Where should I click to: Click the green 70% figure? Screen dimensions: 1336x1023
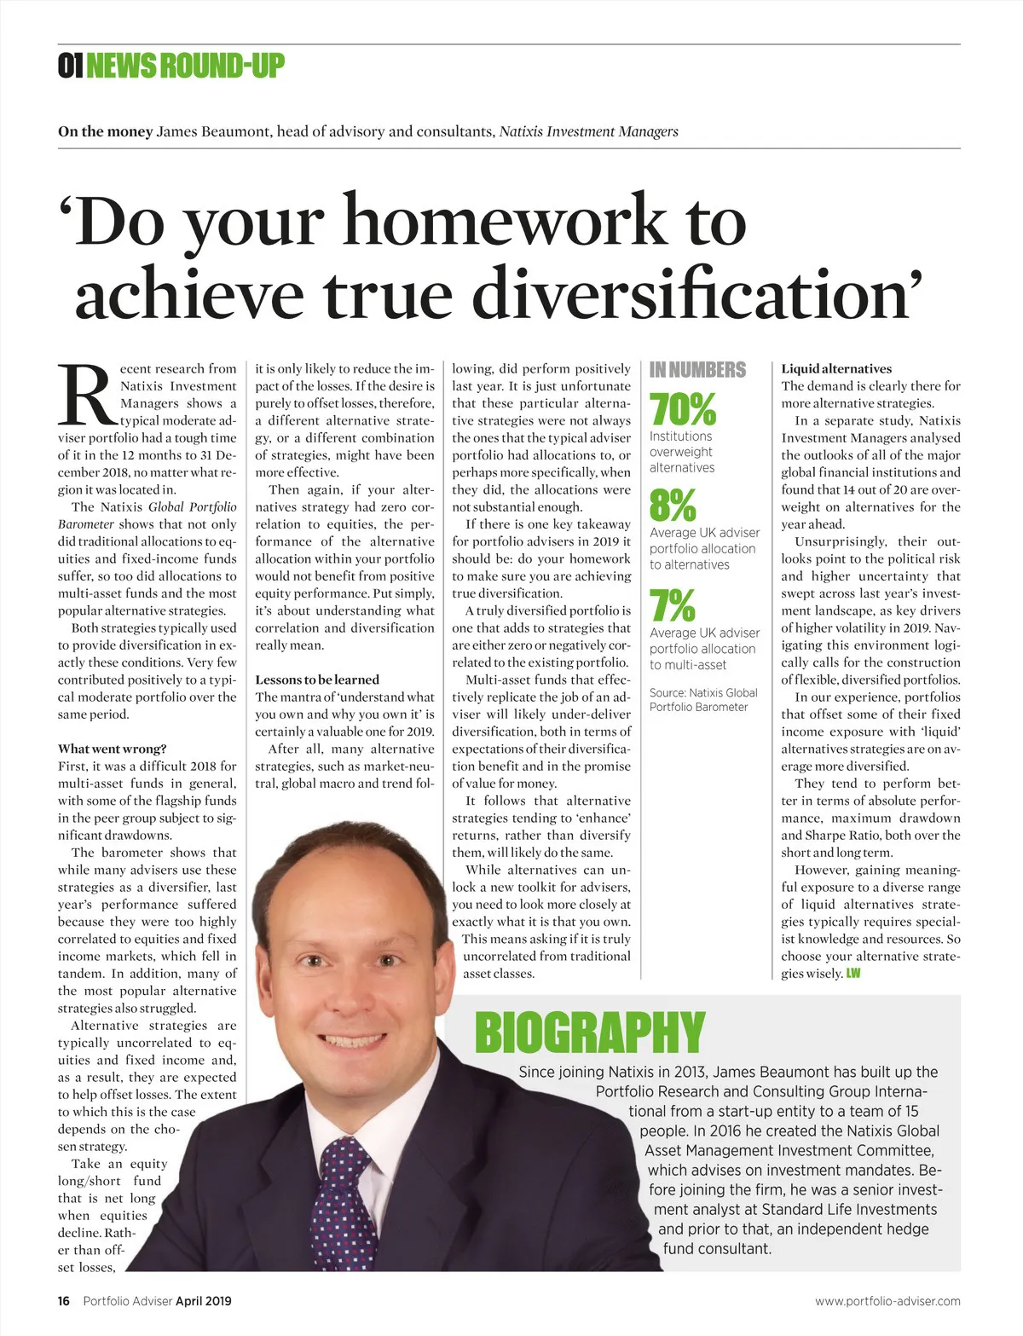coord(682,409)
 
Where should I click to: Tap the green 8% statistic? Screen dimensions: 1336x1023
coord(672,506)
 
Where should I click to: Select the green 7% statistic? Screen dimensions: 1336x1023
coord(672,606)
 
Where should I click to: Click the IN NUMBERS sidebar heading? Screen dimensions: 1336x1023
coord(697,370)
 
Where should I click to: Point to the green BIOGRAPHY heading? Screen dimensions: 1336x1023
coord(590,1032)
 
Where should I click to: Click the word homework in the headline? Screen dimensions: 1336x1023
coord(503,221)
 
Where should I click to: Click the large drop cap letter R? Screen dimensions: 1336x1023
coord(86,396)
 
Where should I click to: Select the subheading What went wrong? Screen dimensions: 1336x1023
coord(113,749)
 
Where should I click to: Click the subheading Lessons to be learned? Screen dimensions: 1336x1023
coord(317,680)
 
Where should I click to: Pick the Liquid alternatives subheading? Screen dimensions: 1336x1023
coord(836,368)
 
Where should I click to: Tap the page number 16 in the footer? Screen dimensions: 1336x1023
coord(64,1301)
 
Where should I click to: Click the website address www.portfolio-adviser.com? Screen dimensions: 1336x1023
coord(887,1301)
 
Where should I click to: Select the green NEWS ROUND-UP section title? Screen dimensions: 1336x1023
coord(185,66)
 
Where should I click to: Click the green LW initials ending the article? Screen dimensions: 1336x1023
coord(852,974)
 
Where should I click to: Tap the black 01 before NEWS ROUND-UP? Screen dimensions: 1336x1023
coord(70,66)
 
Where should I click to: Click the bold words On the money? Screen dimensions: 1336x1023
coord(105,131)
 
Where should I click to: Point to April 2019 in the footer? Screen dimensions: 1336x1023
coord(203,1301)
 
